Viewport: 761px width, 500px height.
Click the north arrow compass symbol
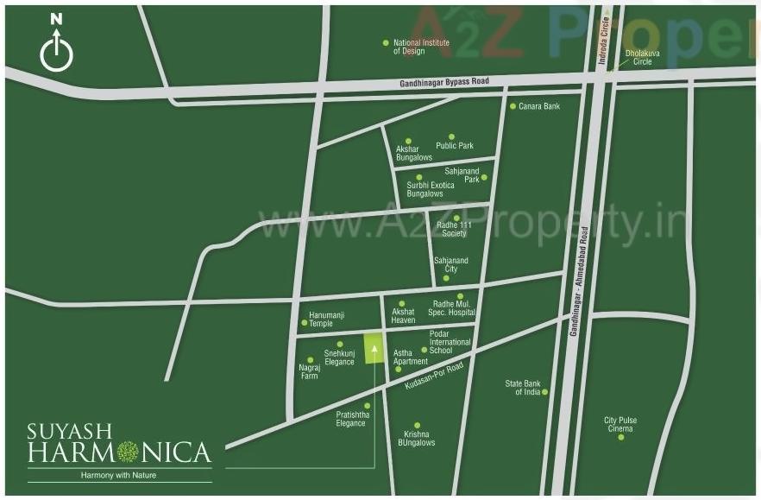(56, 44)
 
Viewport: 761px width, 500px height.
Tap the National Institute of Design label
(409, 47)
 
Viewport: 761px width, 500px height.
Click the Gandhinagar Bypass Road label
(444, 81)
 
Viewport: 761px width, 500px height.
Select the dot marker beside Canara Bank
(513, 106)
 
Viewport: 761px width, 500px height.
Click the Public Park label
(454, 146)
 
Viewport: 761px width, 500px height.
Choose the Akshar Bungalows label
(413, 154)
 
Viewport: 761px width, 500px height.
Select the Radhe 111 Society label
(452, 229)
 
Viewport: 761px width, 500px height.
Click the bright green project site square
(374, 349)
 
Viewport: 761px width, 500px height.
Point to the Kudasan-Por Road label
(434, 377)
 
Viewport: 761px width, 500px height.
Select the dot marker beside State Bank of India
(544, 392)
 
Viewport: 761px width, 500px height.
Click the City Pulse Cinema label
(619, 424)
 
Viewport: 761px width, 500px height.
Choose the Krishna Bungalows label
(418, 438)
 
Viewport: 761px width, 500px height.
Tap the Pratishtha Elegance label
(350, 419)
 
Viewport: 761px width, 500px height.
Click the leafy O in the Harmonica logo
(128, 452)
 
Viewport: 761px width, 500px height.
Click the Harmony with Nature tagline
(119, 475)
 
